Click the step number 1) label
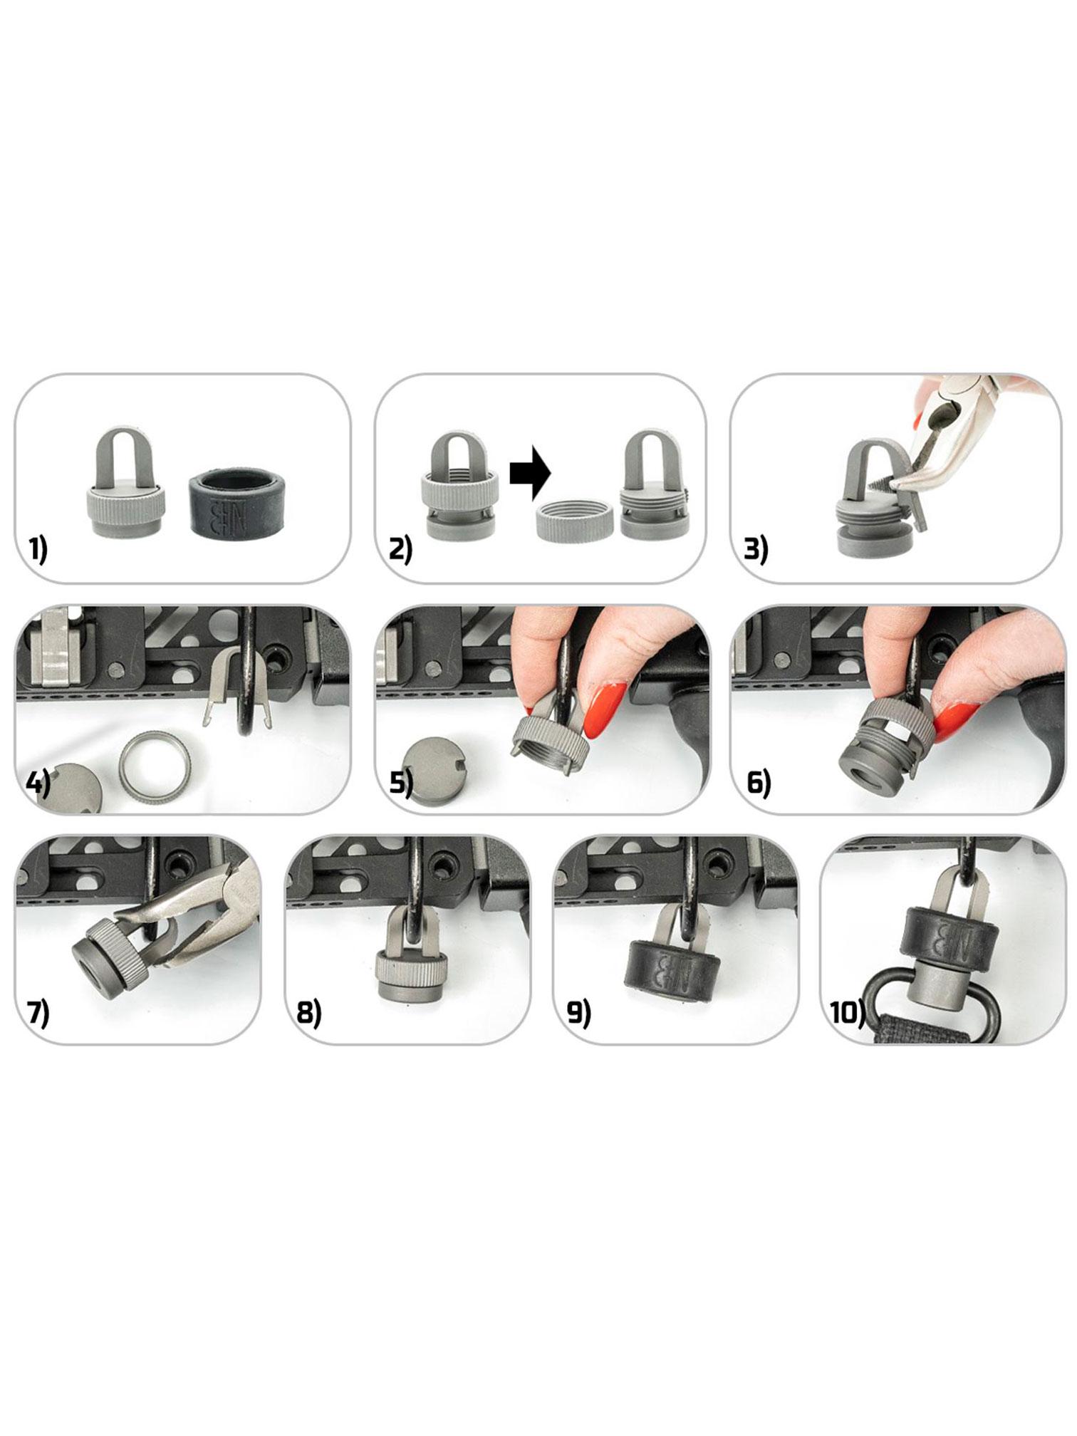(38, 550)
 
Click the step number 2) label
(400, 550)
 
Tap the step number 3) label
(756, 550)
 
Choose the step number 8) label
(308, 1013)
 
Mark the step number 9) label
(578, 1013)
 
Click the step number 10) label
(847, 1013)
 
